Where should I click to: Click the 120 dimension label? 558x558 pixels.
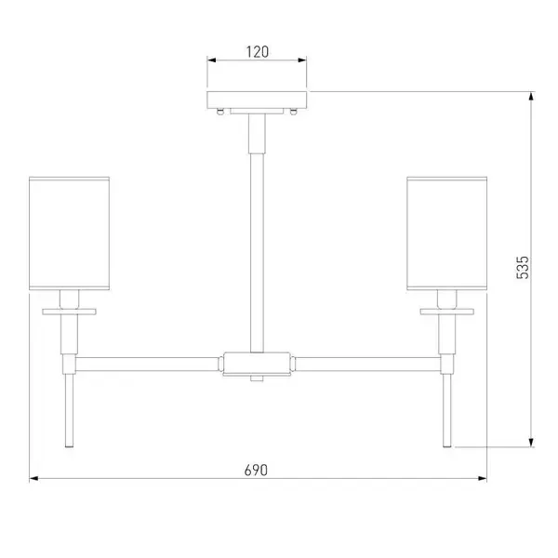click(x=258, y=52)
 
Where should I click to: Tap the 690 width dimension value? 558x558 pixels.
click(x=256, y=470)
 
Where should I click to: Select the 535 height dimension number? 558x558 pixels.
click(x=523, y=267)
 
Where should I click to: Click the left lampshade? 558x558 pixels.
click(x=69, y=233)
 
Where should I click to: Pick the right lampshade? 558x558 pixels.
click(x=447, y=233)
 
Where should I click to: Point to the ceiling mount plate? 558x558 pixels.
click(x=257, y=100)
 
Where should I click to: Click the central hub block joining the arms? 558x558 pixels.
click(x=257, y=364)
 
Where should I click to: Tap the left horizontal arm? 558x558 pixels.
click(x=147, y=364)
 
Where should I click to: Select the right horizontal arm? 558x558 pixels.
click(x=368, y=364)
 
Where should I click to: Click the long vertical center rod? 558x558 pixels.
click(x=257, y=253)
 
